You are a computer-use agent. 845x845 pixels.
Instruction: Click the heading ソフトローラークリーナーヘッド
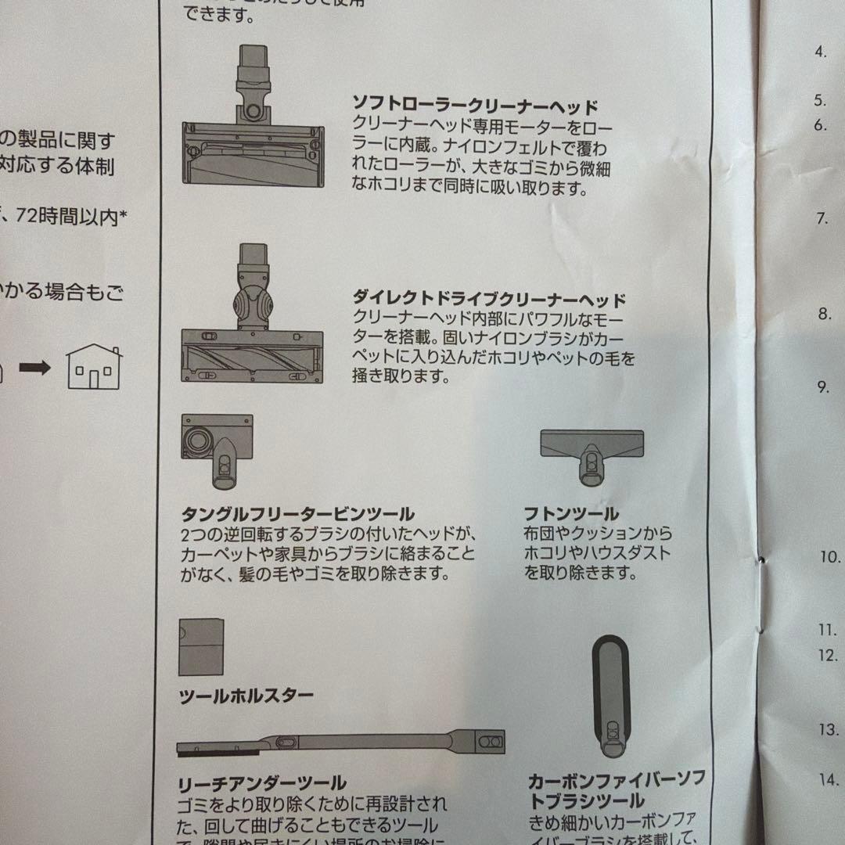[x=475, y=106]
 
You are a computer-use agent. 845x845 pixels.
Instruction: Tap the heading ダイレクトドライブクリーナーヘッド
[x=490, y=300]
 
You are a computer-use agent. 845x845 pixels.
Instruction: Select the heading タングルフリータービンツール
[x=298, y=514]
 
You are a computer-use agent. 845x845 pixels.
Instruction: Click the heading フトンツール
[x=572, y=514]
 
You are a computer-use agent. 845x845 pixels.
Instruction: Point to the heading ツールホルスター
[x=246, y=696]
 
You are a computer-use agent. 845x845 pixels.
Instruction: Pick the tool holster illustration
[x=201, y=647]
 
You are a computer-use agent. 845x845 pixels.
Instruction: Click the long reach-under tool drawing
[x=341, y=743]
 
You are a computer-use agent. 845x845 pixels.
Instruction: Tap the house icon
[x=94, y=367]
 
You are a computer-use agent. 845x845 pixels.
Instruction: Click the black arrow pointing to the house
[x=34, y=367]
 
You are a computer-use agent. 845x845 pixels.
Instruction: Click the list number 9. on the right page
[x=823, y=387]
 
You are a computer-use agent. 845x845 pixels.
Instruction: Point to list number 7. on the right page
[x=823, y=218]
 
